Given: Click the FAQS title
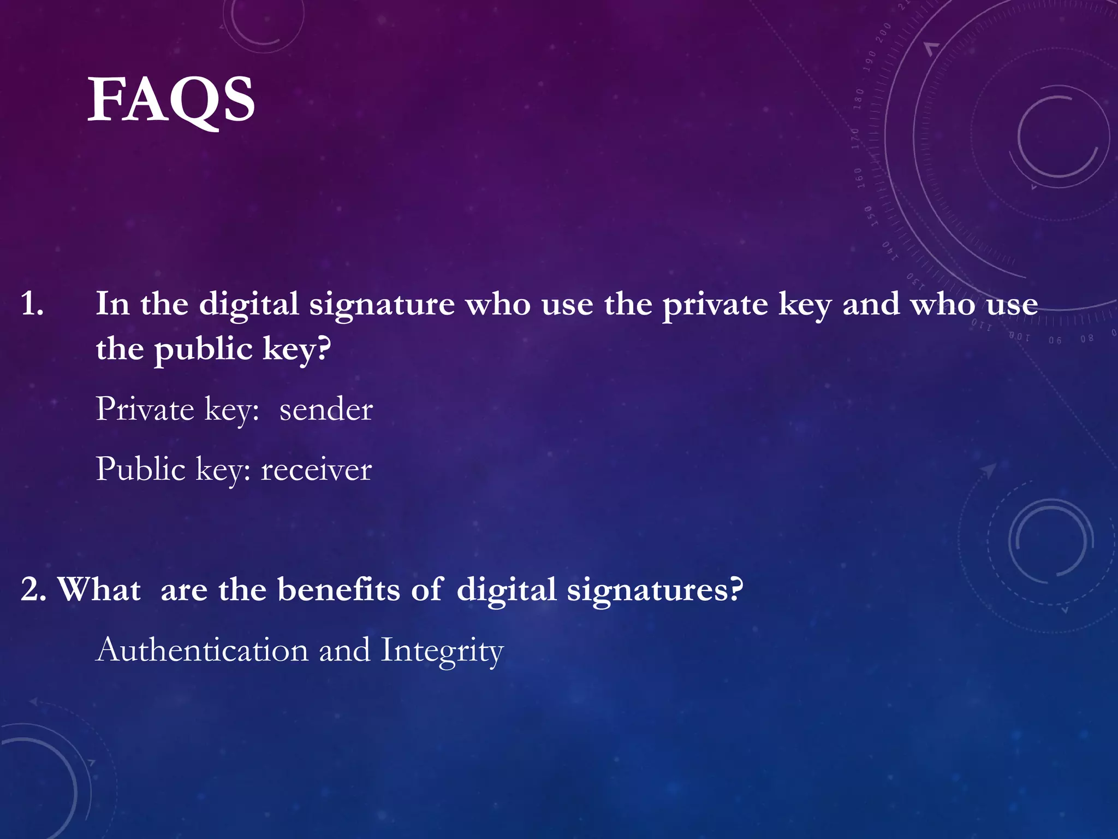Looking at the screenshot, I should [x=171, y=100].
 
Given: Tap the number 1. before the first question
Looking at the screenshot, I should [x=32, y=304].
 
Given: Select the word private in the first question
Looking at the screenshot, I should [x=715, y=305].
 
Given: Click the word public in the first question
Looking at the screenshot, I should [x=203, y=350].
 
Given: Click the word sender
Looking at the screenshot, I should [x=326, y=409].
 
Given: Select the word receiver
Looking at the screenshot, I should [x=316, y=469].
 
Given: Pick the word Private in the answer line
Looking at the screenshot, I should [x=145, y=409].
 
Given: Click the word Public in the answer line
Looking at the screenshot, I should [x=141, y=469].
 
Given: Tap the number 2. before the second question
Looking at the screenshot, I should [x=33, y=590].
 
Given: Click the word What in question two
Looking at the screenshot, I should [x=99, y=590].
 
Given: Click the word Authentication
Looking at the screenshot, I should [x=202, y=650].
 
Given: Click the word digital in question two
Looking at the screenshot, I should [x=506, y=590].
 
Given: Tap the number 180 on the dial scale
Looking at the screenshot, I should [x=859, y=99].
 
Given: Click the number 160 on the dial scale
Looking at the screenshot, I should [x=859, y=178].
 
